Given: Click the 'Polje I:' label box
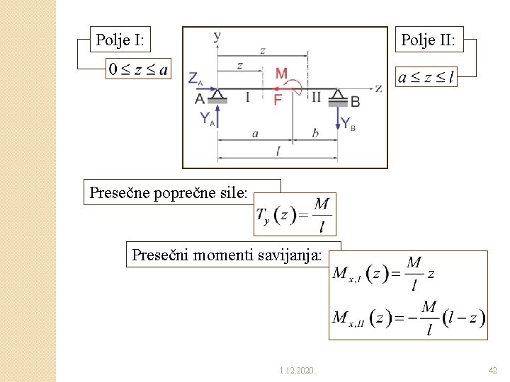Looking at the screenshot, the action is [120, 40].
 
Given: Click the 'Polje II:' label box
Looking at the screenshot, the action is [428, 40].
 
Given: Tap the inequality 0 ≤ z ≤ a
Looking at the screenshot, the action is [138, 69].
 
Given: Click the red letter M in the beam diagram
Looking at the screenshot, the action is [281, 74].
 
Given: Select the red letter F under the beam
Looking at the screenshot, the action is [278, 100].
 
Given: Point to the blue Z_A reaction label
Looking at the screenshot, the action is [197, 79].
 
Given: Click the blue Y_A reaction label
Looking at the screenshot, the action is [206, 120].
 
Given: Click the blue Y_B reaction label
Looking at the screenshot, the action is [348, 122].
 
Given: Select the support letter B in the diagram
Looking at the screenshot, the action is [355, 102].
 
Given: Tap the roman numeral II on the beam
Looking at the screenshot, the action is [316, 97].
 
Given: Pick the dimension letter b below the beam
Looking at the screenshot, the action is [314, 132].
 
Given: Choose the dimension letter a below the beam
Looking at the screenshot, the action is [254, 133].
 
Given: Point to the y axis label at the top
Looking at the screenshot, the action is [217, 35].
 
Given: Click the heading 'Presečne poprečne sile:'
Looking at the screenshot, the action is [169, 192].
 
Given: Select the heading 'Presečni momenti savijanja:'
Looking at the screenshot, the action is [227, 255].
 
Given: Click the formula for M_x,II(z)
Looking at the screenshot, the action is [409, 317].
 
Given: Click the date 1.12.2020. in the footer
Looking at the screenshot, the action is [297, 370].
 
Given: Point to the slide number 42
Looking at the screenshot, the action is [493, 370].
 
